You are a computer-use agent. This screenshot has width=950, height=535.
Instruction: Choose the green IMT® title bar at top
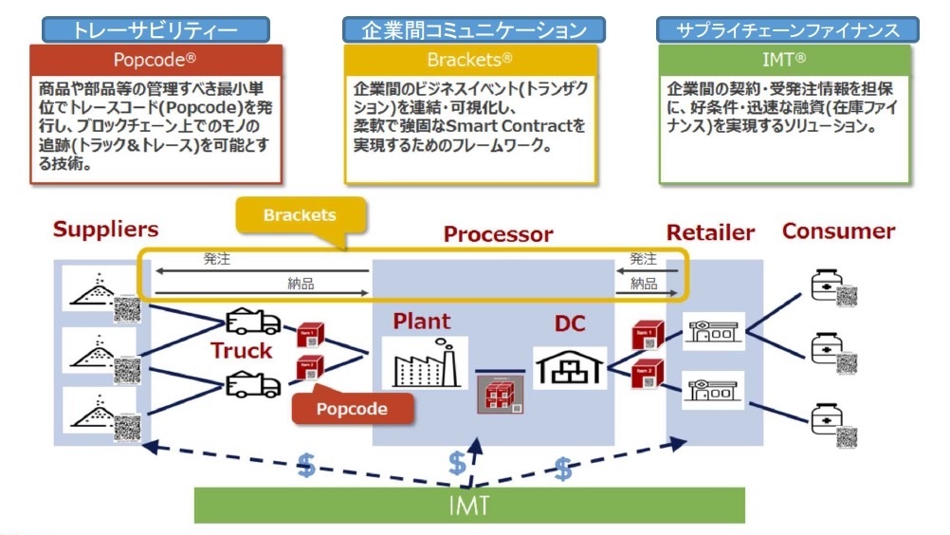pos(786,59)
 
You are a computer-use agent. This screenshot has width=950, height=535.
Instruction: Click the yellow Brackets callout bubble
pos(301,216)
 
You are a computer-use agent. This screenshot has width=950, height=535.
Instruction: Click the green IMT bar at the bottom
pos(470,505)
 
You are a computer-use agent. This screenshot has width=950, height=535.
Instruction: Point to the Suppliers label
pos(105,230)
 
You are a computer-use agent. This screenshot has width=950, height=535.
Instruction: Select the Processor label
pos(498,234)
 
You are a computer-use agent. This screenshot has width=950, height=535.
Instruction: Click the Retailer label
pos(710,232)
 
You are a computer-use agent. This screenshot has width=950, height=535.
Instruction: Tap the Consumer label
pos(838,231)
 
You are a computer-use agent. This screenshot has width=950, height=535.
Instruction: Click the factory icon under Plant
pos(424,360)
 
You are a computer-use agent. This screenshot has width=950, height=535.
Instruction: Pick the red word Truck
pos(241,351)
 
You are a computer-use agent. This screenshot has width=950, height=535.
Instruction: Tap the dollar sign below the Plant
pos(457,462)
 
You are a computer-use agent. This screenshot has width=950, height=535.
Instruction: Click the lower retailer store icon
pos(713,390)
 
